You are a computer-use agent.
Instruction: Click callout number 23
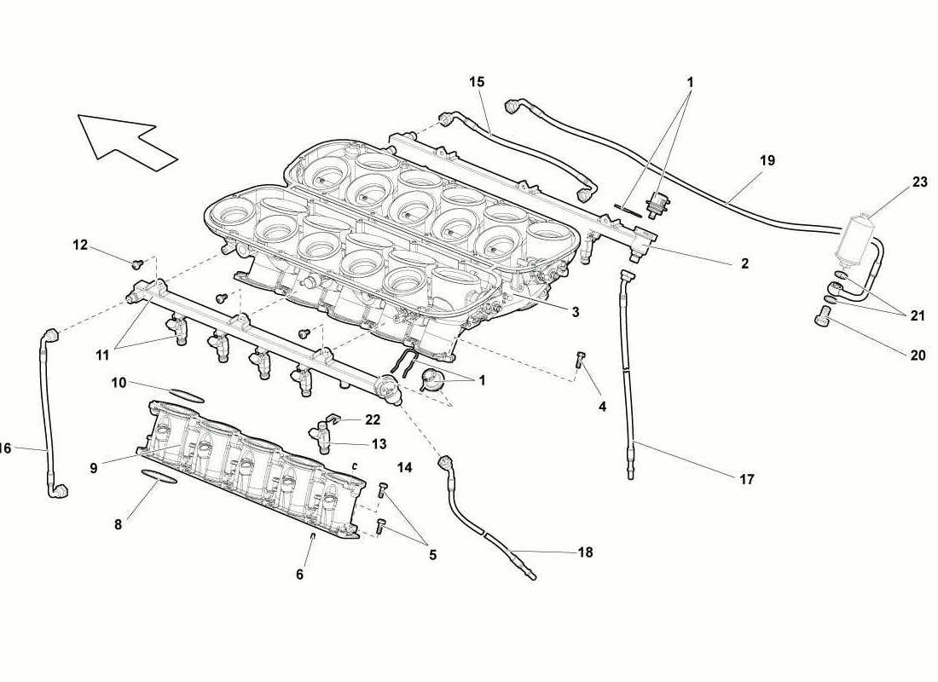tap(919, 182)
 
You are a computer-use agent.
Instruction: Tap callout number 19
tap(767, 160)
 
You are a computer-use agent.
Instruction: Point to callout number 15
tap(477, 81)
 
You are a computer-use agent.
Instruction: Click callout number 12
tap(80, 245)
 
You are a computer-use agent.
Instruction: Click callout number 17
tap(747, 479)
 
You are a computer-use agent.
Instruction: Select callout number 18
tap(585, 552)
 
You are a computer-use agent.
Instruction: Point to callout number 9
tap(93, 468)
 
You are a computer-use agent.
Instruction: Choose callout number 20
tap(918, 355)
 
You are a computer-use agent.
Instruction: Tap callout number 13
tap(379, 444)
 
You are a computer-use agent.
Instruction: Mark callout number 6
tap(299, 575)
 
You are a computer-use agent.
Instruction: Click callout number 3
tap(575, 312)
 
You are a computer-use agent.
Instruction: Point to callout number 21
tap(918, 316)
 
